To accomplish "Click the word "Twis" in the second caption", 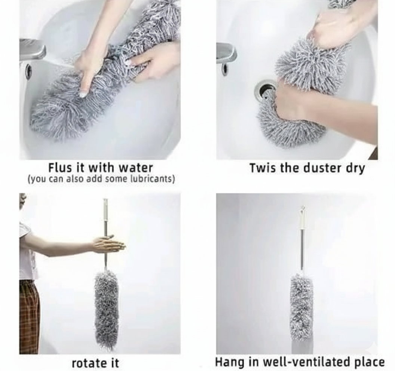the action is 263,168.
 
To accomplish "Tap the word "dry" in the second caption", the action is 355,169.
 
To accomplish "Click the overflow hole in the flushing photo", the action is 28,71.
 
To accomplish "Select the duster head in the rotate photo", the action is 107,310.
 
